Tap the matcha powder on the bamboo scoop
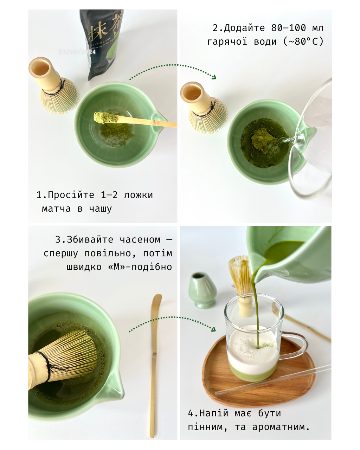[x=106, y=117]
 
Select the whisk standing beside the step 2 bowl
[x=206, y=109]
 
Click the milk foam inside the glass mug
[x=251, y=348]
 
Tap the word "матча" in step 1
[x=56, y=208]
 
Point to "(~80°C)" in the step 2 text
[x=303, y=42]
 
